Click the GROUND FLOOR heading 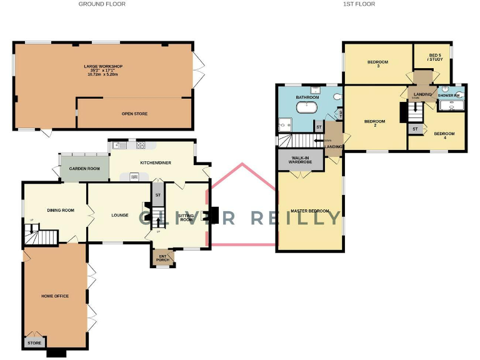102,4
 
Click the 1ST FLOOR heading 359,4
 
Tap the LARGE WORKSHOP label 103,66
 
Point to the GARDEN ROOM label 84,169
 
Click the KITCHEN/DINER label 156,162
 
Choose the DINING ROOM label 61,210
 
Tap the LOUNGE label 120,216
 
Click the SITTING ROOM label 186,217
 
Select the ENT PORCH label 162,257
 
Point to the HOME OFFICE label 55,296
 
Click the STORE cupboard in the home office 34,342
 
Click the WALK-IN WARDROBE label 300,160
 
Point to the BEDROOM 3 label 377,63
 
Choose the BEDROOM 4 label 444,134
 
